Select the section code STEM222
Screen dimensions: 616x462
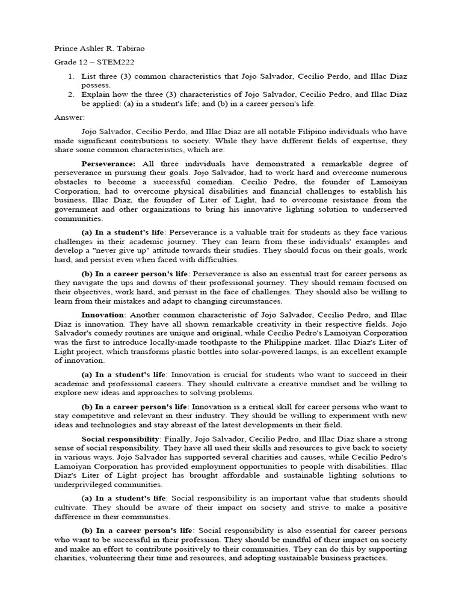pyautogui.click(x=111, y=62)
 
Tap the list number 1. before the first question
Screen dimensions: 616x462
pyautogui.click(x=70, y=76)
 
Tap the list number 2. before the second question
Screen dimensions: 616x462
pyautogui.click(x=70, y=94)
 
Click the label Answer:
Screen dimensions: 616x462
pyautogui.click(x=70, y=117)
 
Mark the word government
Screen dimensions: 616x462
pyautogui.click(x=78, y=209)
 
